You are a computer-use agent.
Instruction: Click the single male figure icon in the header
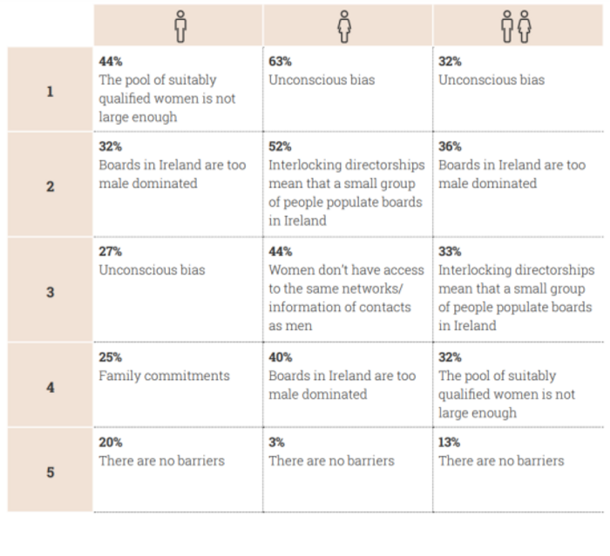(x=180, y=26)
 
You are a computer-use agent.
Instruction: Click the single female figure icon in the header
(x=344, y=26)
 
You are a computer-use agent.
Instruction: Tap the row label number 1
(x=51, y=92)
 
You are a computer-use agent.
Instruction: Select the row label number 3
(x=51, y=292)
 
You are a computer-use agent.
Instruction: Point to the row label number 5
(x=51, y=472)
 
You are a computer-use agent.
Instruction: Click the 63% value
(x=280, y=61)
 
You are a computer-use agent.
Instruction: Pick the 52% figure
(x=280, y=146)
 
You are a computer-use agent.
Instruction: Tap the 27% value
(x=111, y=251)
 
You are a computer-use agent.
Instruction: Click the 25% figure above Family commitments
(x=111, y=356)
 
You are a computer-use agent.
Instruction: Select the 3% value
(x=276, y=442)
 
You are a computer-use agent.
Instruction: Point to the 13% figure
(x=450, y=442)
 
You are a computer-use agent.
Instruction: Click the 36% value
(x=451, y=146)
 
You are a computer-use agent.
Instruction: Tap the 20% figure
(x=111, y=442)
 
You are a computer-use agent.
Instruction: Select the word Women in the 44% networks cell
(x=289, y=269)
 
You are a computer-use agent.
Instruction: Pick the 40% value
(x=281, y=356)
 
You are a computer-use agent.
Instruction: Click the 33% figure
(x=451, y=251)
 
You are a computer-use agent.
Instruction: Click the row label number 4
(x=51, y=388)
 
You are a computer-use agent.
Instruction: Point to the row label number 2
(x=51, y=186)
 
